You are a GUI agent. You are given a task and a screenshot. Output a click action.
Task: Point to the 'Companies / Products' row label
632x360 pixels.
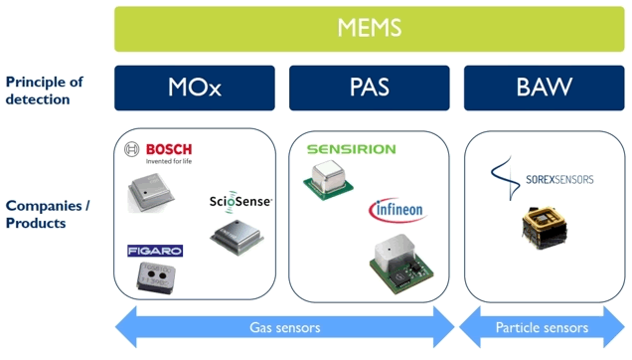point(48,214)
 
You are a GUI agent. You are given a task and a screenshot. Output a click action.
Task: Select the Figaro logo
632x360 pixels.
point(148,251)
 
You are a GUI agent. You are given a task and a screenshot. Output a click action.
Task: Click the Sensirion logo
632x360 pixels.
point(350,149)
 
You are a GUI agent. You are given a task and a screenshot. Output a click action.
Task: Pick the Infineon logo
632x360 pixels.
point(398,211)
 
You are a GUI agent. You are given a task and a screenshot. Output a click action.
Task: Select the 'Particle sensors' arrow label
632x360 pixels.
point(542,326)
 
